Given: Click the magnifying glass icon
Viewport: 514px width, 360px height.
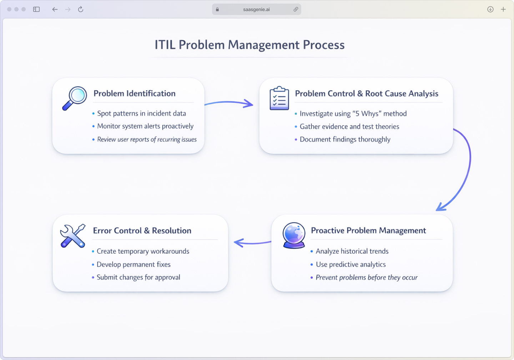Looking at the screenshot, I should (75, 98).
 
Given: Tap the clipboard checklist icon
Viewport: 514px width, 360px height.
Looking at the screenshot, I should (279, 98).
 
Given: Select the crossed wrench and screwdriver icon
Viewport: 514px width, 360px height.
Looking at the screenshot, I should (73, 236).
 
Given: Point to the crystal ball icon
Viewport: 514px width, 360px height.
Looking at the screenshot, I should (294, 235).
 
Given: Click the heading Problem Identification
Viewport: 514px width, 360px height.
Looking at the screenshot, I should (135, 93).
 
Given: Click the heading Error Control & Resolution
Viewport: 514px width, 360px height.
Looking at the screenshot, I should (142, 230).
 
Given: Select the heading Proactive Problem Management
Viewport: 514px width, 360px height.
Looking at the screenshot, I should (368, 230).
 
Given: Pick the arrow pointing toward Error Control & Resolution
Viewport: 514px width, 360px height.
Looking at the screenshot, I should (252, 243).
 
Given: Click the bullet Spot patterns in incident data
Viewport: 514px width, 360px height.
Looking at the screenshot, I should (141, 113).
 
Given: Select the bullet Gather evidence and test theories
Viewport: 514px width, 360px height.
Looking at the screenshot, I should (349, 127).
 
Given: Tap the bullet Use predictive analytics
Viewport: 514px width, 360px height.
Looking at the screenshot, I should (351, 264).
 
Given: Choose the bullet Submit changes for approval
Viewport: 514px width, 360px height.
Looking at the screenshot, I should (138, 277).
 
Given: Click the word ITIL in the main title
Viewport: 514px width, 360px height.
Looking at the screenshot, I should (165, 45).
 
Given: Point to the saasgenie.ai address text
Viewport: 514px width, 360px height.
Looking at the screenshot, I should (256, 10).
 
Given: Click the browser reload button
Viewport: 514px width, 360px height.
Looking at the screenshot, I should (81, 9).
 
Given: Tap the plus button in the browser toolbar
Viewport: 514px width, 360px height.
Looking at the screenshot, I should (503, 9).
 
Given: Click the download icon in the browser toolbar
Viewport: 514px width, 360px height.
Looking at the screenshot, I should (490, 9).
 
